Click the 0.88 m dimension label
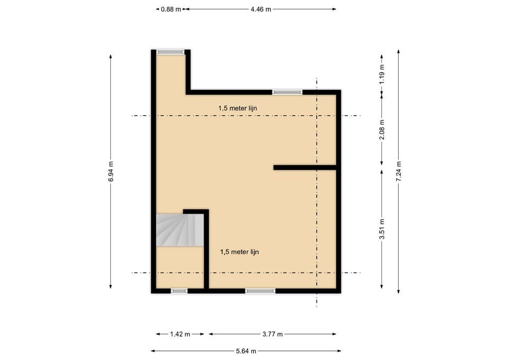pyautogui.click(x=171, y=10)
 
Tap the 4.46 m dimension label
pyautogui.click(x=261, y=10)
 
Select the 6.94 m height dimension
pyautogui.click(x=111, y=171)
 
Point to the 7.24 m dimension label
pyautogui.click(x=399, y=171)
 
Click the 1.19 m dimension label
pyautogui.click(x=382, y=74)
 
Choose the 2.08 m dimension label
pyautogui.click(x=382, y=129)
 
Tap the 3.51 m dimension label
pyautogui.click(x=382, y=229)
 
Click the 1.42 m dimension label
pyautogui.click(x=180, y=334)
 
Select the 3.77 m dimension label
pyautogui.click(x=273, y=334)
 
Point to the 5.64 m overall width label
pyautogui.click(x=246, y=351)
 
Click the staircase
pyautogui.click(x=180, y=230)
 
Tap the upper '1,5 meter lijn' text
pyautogui.click(x=238, y=108)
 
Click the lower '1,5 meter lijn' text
pyautogui.click(x=239, y=252)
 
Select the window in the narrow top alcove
pyautogui.click(x=170, y=52)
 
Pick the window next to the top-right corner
pyautogui.click(x=287, y=92)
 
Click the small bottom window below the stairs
pyautogui.click(x=179, y=291)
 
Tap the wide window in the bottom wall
pyautogui.click(x=260, y=291)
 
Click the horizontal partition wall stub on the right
pyautogui.click(x=305, y=168)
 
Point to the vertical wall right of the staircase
pyautogui.click(x=206, y=249)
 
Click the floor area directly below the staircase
pyautogui.click(x=180, y=267)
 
